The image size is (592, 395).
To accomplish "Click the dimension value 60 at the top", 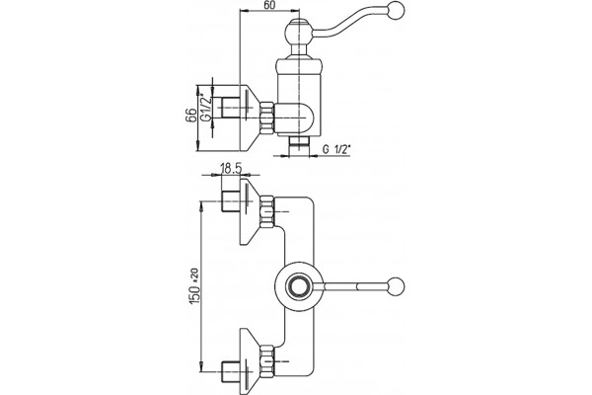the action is (270, 5).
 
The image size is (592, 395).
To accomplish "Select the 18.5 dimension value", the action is (231, 169).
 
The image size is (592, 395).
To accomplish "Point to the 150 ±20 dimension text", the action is (193, 286).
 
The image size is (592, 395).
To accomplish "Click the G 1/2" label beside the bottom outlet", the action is (336, 149).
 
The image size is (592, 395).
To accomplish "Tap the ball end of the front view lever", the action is (397, 285).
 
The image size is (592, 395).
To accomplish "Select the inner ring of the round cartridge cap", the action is (299, 285).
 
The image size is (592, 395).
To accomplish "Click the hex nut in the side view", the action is (266, 118).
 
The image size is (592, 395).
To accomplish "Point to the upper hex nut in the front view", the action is (267, 212).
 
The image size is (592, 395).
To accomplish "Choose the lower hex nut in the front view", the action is (267, 360).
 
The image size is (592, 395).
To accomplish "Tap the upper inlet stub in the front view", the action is (230, 202).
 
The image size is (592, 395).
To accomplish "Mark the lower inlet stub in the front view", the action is (230, 371).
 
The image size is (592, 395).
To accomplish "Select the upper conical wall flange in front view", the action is (250, 212).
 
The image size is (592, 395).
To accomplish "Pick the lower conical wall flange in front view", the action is (250, 360).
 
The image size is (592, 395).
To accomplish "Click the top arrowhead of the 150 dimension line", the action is (202, 205).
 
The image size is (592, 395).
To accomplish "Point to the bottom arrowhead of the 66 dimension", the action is (198, 146).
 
